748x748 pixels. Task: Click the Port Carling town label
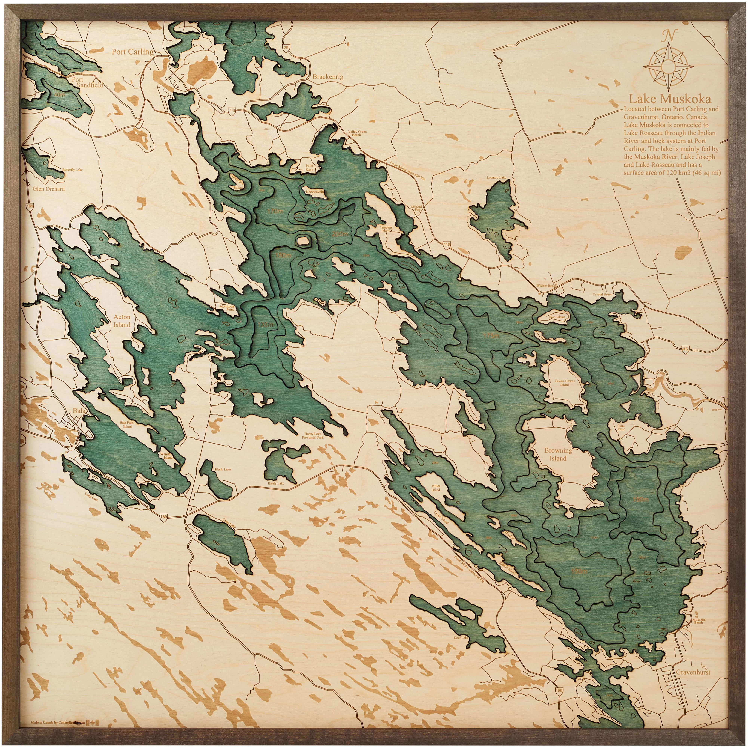coord(132,52)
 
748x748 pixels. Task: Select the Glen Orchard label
coord(49,189)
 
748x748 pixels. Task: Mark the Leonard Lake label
coord(496,177)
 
